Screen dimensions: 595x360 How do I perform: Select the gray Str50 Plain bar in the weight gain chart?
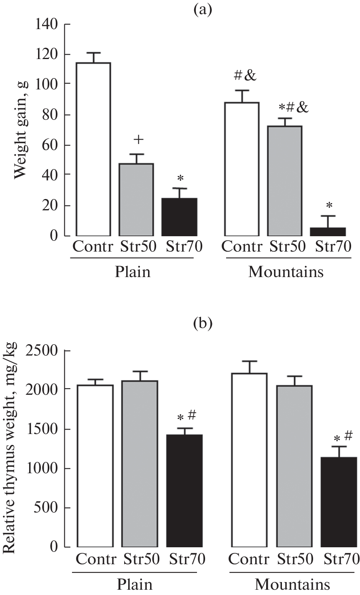coord(136,200)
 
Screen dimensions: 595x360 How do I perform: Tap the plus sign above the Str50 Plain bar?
coord(138,140)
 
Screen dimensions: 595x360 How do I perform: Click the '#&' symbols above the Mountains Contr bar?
coord(245,75)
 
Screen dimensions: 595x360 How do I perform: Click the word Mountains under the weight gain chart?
coord(286,272)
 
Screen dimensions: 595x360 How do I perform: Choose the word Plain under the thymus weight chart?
coord(135,584)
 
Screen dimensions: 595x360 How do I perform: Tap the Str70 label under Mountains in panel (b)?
coord(341,559)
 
